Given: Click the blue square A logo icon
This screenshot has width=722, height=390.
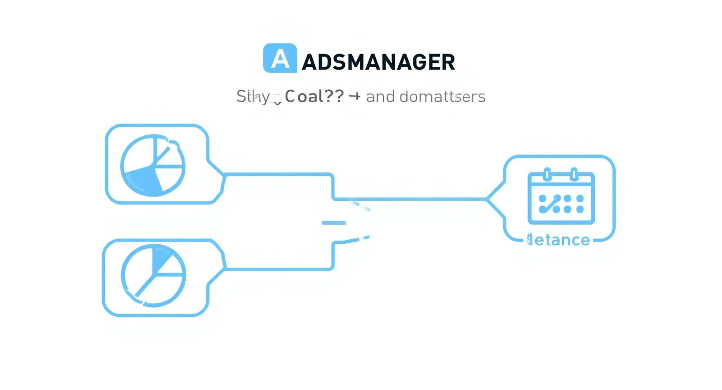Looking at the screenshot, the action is click(280, 58).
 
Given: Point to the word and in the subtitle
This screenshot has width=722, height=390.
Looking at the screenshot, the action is click(380, 97).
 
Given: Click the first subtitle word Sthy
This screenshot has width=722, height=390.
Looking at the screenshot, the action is click(253, 96).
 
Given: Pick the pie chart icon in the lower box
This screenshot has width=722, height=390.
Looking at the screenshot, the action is click(153, 273).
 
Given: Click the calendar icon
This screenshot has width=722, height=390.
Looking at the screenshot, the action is click(561, 197).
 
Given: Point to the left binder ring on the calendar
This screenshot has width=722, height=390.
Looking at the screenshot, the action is click(546, 174).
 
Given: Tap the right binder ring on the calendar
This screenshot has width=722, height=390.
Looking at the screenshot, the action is click(574, 174).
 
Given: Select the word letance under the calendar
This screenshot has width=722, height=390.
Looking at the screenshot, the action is click(559, 240).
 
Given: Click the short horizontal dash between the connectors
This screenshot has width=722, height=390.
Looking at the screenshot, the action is click(334, 223).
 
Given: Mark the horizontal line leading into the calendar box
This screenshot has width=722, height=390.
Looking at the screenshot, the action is click(410, 199).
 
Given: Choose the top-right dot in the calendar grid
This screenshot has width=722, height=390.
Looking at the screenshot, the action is click(580, 198).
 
